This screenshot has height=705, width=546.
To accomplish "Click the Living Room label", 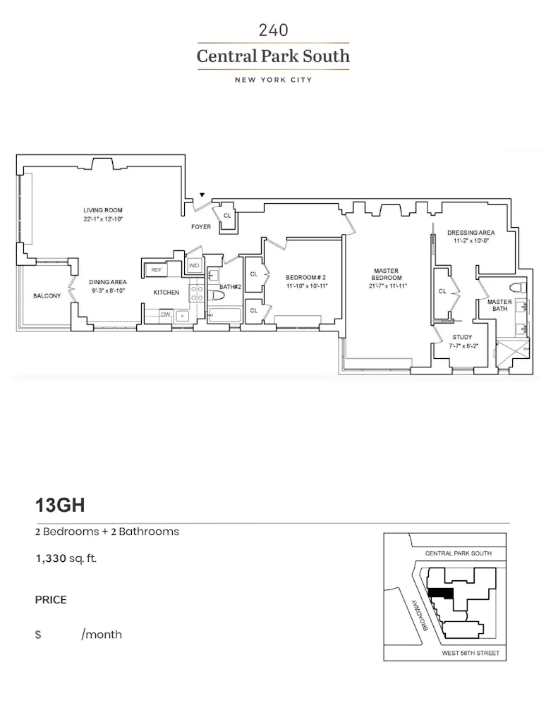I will pos(103,210).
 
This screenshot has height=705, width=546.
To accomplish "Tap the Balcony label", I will pos(47,296).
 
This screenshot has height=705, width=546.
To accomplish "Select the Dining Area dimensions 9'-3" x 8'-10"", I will pos(107,290).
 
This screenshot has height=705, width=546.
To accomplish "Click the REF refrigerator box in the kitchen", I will pos(155,269).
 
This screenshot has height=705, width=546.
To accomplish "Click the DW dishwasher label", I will pos(165,314).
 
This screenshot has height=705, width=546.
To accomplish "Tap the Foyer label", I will pos(201,228).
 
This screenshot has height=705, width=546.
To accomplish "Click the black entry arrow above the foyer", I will pos(202,195).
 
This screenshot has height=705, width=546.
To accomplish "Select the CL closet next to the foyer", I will pos(227,216).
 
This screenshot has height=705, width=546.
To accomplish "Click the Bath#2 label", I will pos(231,287).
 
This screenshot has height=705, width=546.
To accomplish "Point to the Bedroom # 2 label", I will pos(305,277).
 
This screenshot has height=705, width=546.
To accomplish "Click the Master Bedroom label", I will pos(386,271).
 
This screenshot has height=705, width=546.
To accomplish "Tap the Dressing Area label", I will pos(471,233).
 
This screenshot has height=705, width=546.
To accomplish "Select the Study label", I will pos(462,337).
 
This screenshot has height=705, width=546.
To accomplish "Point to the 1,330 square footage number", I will pos(50,559).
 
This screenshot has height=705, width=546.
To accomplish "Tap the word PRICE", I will pos(51,600).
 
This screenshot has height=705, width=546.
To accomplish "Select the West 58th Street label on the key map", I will pos(470,654).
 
